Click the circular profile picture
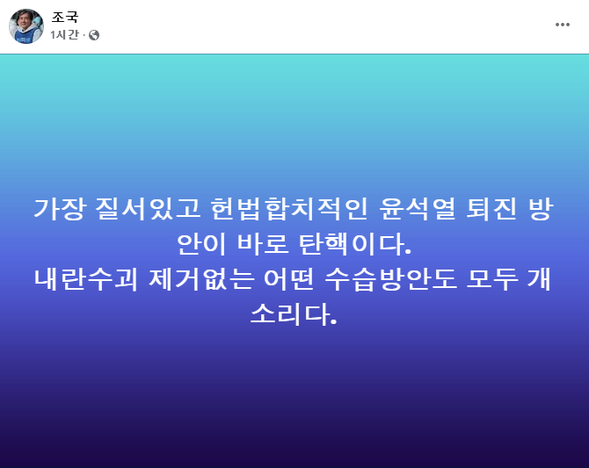[26, 26]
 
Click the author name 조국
[65, 18]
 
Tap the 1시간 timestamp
[64, 35]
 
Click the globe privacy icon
[94, 35]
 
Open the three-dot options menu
[563, 25]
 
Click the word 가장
[60, 209]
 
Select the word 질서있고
[148, 209]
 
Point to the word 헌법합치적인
[288, 209]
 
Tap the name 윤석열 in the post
[417, 209]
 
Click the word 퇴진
[491, 209]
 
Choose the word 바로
[263, 244]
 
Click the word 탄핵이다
[352, 244]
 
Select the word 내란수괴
[86, 279]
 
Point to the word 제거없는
[200, 279]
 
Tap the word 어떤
[288, 279]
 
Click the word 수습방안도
[390, 279]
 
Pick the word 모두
[491, 279]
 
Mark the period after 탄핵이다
[409, 252]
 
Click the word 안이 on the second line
[201, 244]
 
